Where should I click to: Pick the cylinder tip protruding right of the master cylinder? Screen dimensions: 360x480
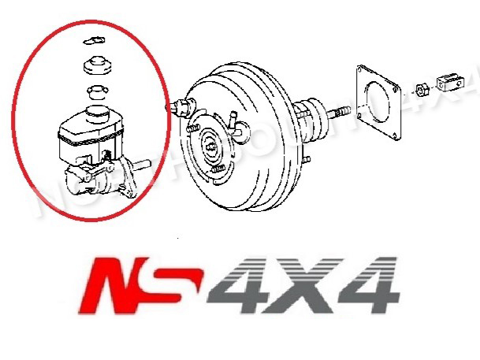(x=142, y=168)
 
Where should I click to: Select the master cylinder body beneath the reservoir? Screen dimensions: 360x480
(x=99, y=180)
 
